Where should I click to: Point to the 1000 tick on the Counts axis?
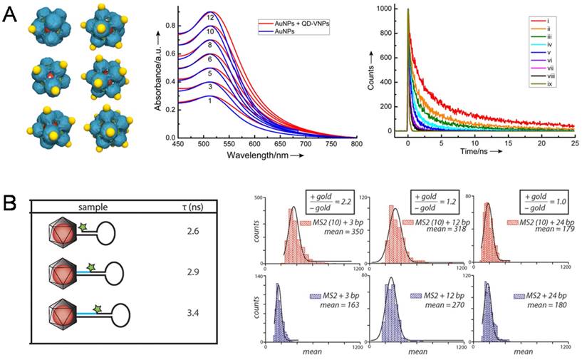[379, 9]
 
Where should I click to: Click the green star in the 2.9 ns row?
[91, 267]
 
